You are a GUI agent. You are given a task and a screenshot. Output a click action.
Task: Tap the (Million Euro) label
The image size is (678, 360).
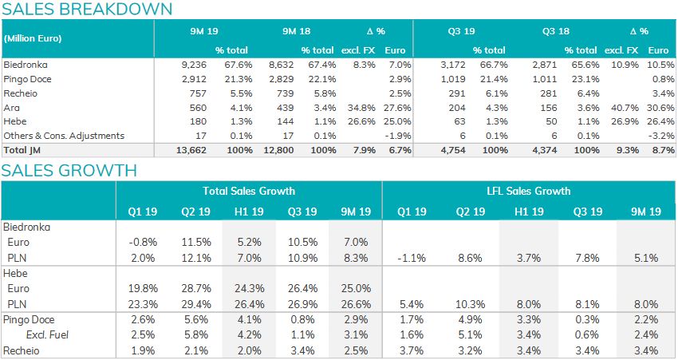click(33, 38)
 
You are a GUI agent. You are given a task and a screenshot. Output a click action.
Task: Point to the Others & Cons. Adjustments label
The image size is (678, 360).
click(65, 136)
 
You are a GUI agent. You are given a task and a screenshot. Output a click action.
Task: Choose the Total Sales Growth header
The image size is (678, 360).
click(248, 191)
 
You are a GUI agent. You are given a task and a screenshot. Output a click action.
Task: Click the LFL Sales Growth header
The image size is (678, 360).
click(529, 191)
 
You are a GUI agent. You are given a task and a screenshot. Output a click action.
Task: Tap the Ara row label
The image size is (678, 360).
click(11, 107)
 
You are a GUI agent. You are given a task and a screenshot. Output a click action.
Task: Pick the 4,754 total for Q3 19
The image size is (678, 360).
click(453, 150)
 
